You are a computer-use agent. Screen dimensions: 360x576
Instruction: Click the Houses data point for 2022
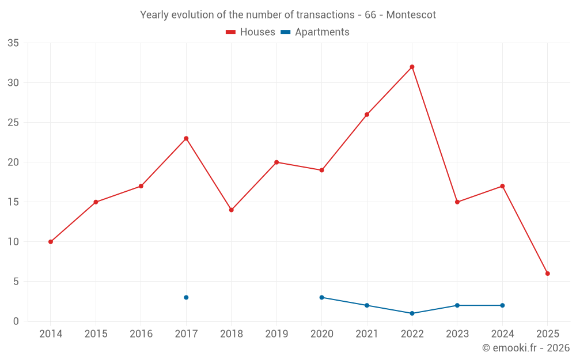[412, 67]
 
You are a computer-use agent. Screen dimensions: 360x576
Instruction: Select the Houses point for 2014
[51, 242]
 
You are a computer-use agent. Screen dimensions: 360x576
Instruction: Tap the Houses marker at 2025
[548, 274]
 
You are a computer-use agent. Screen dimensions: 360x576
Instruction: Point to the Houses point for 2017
[186, 138]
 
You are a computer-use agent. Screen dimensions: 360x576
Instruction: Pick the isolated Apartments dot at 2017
[186, 297]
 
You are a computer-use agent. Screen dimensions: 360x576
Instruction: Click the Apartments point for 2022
[412, 313]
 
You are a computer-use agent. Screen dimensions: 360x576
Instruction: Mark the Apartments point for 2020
[321, 297]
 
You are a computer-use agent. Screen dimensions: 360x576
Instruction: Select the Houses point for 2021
[367, 115]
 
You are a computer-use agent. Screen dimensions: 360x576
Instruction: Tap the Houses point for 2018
[232, 210]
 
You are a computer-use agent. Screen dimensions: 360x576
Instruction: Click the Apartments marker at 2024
[502, 305]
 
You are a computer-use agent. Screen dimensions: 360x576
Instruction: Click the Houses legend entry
[251, 32]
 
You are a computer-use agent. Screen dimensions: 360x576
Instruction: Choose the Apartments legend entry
[316, 32]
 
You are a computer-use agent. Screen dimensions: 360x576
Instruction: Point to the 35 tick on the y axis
[13, 43]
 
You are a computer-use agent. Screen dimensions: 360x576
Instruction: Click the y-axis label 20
[13, 162]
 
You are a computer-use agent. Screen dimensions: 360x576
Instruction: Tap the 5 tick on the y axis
[16, 282]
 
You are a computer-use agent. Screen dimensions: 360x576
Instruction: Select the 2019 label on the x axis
[276, 334]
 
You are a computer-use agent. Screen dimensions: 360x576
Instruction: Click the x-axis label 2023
[457, 334]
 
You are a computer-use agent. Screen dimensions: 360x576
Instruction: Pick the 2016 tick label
[141, 334]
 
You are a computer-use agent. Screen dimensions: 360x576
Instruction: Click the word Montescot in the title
[411, 15]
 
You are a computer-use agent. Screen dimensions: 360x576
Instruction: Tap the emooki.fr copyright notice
[525, 348]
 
